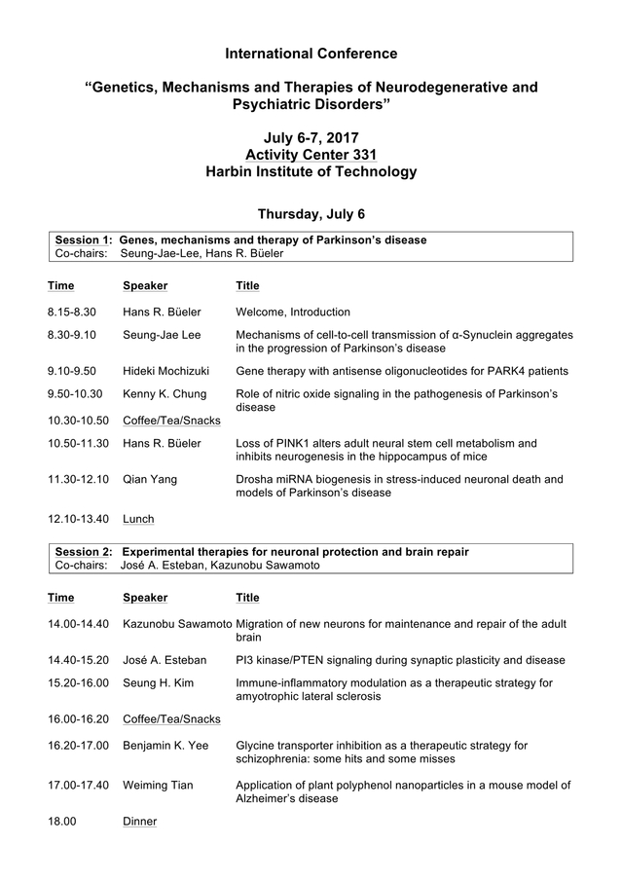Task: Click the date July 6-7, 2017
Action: tap(311, 137)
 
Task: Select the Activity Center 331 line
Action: tap(311, 155)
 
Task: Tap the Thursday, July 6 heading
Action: tap(311, 214)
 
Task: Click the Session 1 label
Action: tap(84, 239)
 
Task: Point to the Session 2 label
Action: tap(84, 552)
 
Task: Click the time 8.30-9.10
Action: tap(72, 335)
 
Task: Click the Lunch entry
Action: tap(138, 519)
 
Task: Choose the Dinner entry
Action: tap(139, 822)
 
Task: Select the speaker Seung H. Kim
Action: tap(158, 683)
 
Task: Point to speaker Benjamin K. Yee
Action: tap(168, 746)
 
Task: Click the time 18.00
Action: tap(61, 822)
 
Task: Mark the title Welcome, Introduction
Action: tap(293, 312)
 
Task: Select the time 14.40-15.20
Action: tap(78, 660)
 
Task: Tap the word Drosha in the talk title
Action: tap(255, 479)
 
